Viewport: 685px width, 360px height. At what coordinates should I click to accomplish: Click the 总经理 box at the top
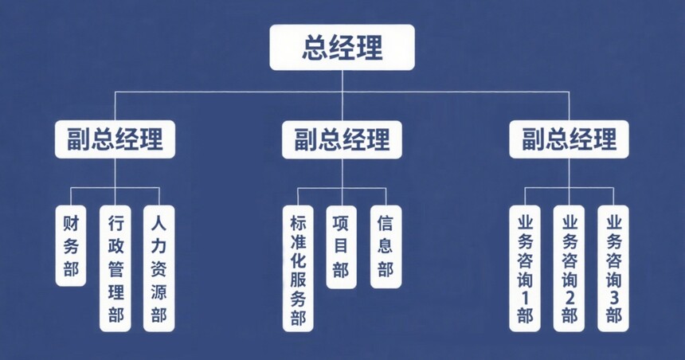click(342, 47)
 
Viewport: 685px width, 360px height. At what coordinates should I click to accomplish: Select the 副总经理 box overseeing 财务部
click(115, 139)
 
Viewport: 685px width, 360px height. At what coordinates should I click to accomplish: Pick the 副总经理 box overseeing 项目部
click(342, 139)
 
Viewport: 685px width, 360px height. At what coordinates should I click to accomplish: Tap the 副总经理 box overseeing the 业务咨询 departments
click(570, 139)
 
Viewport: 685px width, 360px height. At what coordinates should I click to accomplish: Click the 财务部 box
click(71, 246)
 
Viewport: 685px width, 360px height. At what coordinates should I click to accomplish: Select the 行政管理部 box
click(115, 268)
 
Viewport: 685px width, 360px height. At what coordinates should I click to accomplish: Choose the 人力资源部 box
click(159, 268)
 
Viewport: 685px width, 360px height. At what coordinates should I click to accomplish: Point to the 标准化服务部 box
click(298, 268)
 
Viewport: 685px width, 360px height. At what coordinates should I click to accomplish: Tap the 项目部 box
click(342, 246)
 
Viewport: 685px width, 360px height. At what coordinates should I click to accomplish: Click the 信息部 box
click(386, 246)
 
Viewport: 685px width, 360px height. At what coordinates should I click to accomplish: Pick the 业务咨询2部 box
click(570, 268)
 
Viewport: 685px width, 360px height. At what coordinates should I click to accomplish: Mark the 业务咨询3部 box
click(613, 268)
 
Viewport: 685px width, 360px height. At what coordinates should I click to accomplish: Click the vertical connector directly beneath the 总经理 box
click(342, 80)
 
